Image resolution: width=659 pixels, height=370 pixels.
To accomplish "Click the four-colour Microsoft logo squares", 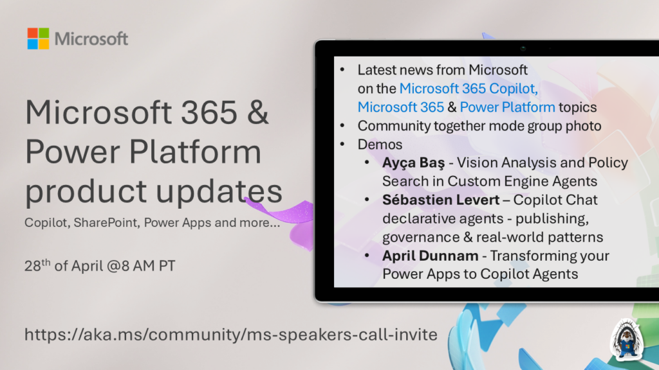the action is [38, 39].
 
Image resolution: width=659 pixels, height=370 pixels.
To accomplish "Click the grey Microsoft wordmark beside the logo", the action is [91, 39].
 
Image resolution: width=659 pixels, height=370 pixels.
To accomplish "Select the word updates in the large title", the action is [219, 191].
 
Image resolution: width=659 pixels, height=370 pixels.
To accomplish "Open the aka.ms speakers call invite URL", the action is [231, 334].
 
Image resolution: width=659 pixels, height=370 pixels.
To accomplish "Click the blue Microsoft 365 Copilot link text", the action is [469, 89].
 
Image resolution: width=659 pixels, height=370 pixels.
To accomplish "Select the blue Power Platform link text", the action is [507, 107].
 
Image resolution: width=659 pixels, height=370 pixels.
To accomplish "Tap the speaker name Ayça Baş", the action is [413, 163].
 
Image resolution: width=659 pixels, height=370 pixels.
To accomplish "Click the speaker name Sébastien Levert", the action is [441, 200].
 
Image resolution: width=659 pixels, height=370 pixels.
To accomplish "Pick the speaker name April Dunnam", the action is [430, 256].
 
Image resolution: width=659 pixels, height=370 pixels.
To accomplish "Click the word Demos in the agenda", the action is [380, 145].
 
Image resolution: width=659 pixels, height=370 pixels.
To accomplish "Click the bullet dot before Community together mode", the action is [342, 125].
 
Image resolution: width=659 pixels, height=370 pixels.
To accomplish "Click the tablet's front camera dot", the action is [523, 48].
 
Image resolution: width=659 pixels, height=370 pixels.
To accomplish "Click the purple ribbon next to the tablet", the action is [290, 220].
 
